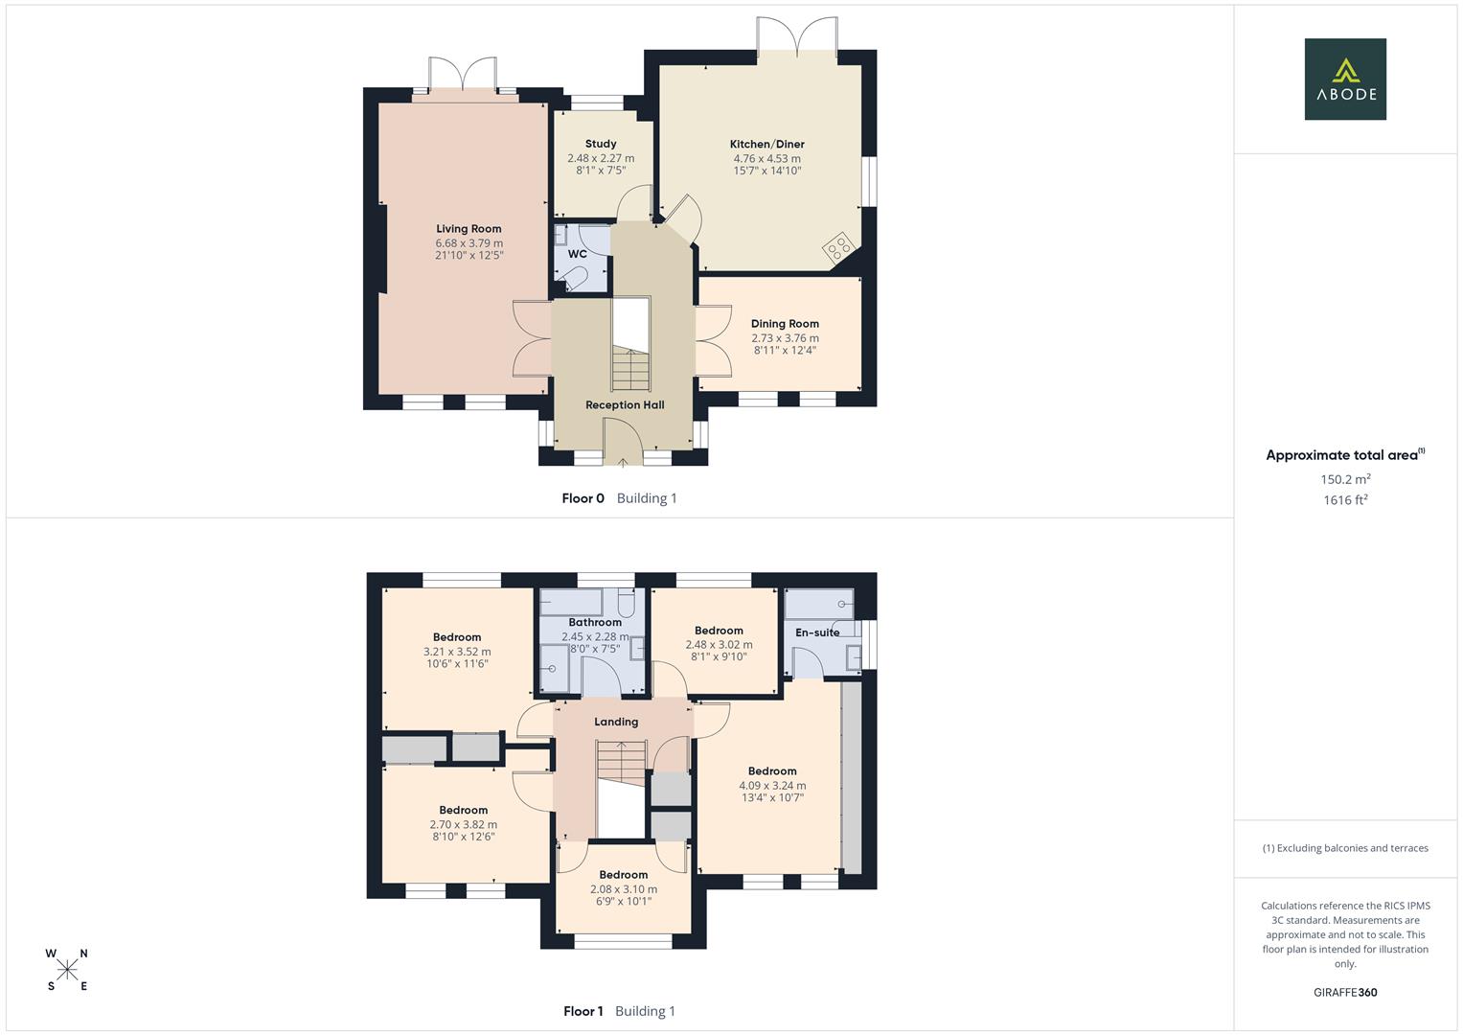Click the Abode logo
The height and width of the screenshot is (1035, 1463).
pos(1344,79)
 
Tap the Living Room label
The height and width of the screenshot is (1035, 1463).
pos(469,229)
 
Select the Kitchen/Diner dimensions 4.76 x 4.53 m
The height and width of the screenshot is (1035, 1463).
pos(766,159)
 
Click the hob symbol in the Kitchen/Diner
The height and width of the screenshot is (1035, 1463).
pos(837,247)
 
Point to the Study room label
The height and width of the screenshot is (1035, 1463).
pos(601,144)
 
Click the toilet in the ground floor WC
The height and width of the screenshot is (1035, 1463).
pos(575,279)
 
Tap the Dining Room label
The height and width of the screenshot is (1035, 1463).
pos(785,324)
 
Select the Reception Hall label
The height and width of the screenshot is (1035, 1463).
pos(625,405)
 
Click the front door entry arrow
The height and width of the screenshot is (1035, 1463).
pos(623,462)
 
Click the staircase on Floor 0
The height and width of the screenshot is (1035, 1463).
pos(630,368)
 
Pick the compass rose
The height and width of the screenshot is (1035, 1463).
pos(67,970)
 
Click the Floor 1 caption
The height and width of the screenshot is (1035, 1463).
pos(583,1011)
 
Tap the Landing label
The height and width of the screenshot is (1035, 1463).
pos(615,722)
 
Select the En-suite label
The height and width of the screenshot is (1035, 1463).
pos(817,632)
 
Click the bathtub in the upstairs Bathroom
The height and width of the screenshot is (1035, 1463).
pos(571,603)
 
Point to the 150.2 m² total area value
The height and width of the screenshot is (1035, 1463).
pos(1344,479)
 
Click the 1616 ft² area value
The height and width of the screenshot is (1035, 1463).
pos(1344,500)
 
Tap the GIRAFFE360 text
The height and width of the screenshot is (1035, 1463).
pos(1344,993)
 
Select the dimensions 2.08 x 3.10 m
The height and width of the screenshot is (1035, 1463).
pos(623,889)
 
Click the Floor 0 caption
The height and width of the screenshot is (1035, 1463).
pos(583,498)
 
